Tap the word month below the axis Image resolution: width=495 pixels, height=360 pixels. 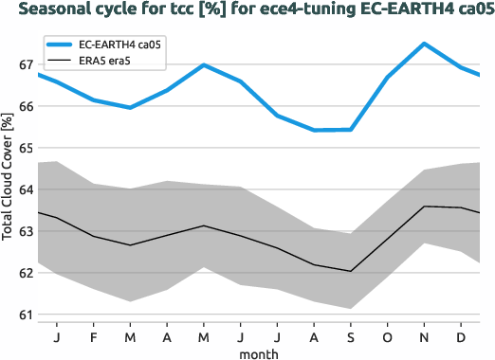(258, 352)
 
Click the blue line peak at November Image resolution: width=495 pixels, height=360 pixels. (424, 44)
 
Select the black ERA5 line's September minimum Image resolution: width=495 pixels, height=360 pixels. (351, 271)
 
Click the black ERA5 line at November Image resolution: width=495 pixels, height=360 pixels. (424, 207)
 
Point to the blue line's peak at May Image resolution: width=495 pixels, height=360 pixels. (204, 65)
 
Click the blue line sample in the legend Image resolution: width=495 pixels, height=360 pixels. (66, 45)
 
